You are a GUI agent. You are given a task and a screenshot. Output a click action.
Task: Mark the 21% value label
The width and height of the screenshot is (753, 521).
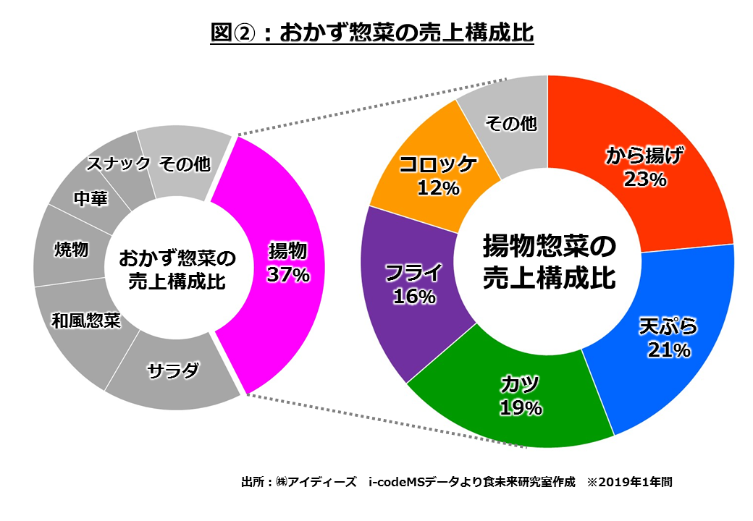pos(669,351)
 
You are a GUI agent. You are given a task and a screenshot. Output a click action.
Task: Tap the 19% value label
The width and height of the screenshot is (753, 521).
pos(521,409)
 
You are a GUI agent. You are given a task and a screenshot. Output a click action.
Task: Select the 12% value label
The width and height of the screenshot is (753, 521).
pos(439,189)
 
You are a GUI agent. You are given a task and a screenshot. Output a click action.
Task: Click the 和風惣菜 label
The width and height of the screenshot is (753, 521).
pos(85,321)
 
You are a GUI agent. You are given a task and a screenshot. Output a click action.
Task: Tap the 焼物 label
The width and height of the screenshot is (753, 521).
pos(72,250)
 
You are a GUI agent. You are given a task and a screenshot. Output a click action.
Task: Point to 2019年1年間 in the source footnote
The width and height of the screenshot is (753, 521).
pos(637,481)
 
